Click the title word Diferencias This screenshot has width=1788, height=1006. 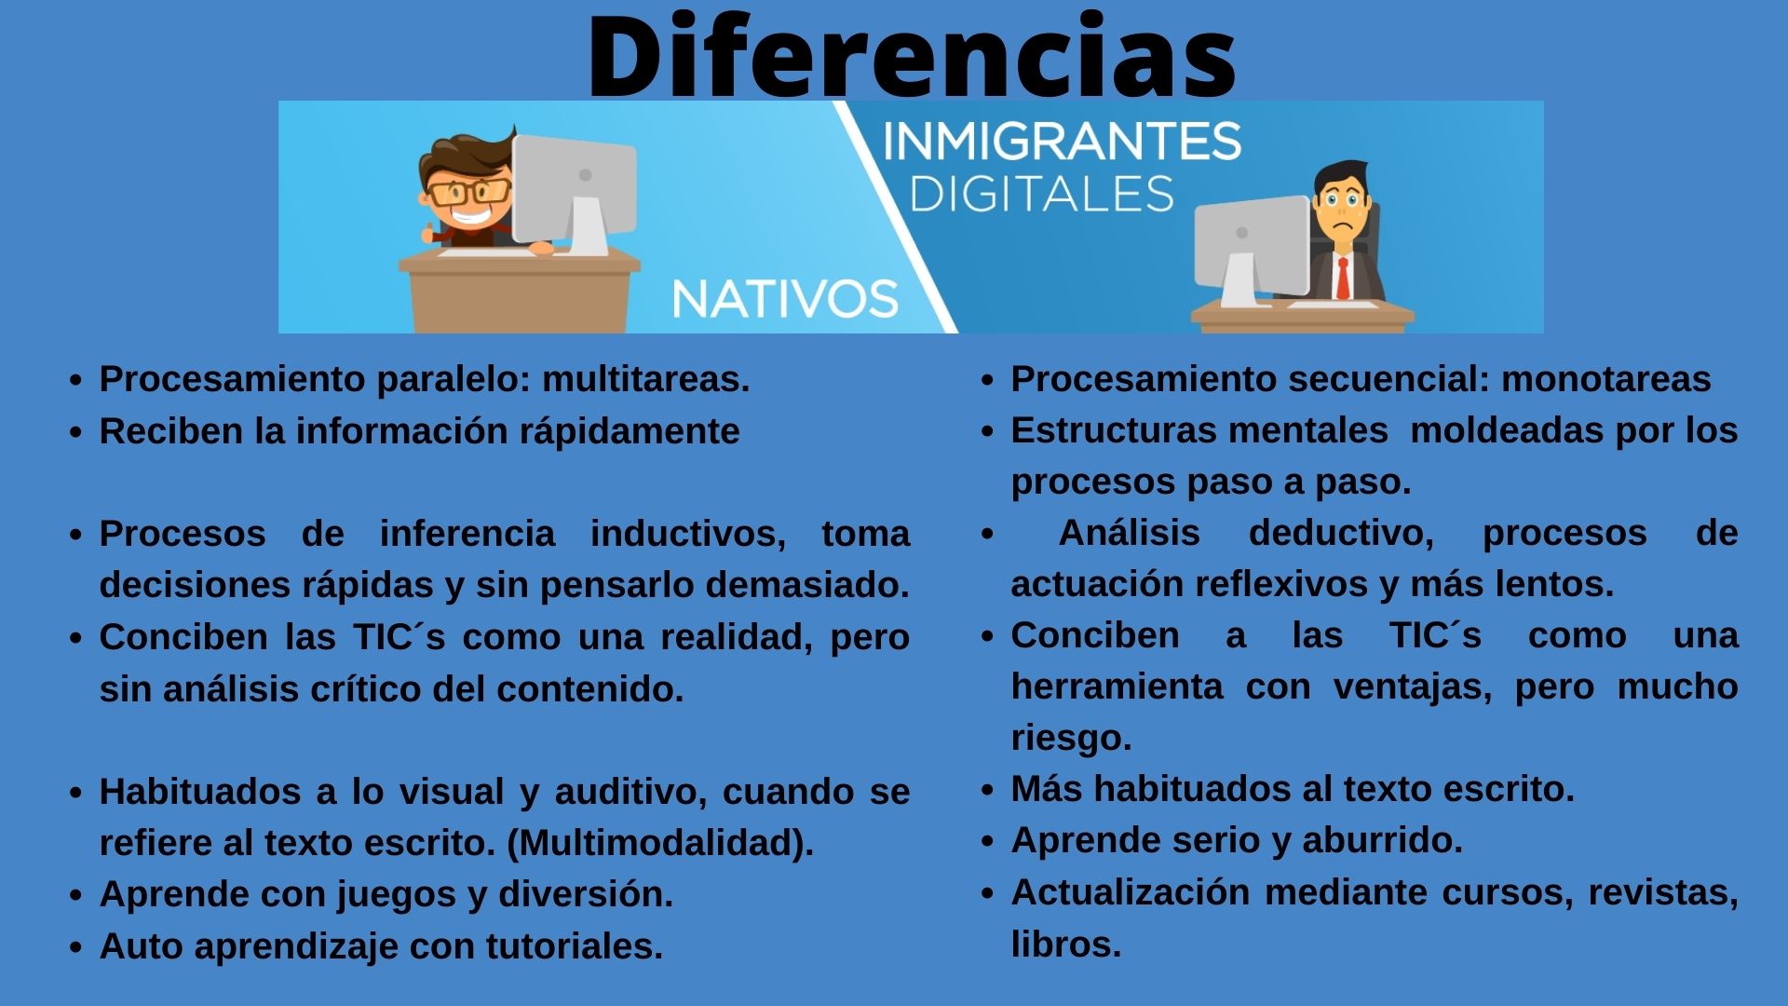coord(911,56)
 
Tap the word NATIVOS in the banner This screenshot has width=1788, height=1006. coord(784,299)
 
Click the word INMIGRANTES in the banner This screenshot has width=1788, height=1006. coord(1061,143)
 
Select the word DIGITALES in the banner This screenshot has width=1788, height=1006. coord(1041,195)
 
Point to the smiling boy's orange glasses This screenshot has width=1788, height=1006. coord(468,193)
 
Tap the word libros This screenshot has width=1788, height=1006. coord(1065,945)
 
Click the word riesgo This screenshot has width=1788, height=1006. coord(1071,738)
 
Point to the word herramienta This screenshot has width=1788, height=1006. coord(1117,687)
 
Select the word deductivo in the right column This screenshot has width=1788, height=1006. coord(1340,533)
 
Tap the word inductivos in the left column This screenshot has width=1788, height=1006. coord(687,534)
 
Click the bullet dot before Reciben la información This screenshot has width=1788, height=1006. coord(76,433)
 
